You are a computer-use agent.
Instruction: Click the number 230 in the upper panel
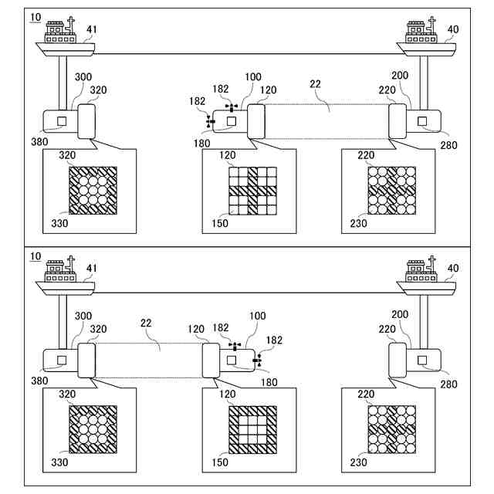click(x=357, y=223)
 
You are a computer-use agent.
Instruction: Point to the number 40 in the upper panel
click(x=452, y=29)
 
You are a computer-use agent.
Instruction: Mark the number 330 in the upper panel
click(x=59, y=223)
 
